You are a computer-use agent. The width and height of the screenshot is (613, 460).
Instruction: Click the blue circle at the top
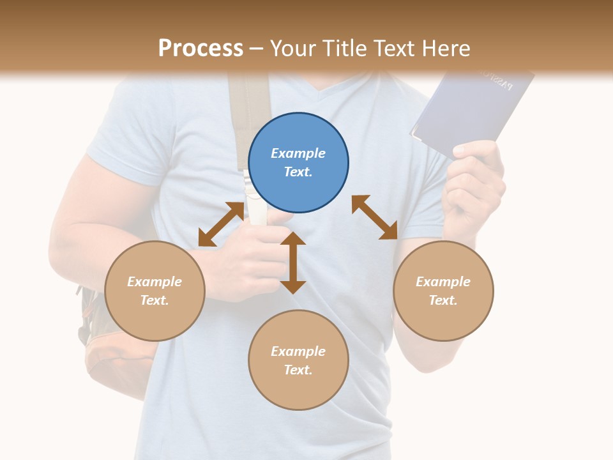tap(298, 163)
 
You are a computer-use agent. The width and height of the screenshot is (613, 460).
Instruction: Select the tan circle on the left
tap(155, 291)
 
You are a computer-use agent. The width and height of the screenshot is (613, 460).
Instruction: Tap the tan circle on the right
tap(443, 291)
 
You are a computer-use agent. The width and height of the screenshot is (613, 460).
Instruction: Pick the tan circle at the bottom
tap(298, 360)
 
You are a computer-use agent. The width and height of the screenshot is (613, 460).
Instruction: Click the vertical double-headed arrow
tap(293, 263)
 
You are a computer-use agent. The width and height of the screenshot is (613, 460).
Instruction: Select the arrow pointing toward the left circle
tap(221, 224)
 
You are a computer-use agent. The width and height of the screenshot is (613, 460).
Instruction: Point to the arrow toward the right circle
tap(375, 217)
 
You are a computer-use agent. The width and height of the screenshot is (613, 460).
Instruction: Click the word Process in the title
tap(201, 49)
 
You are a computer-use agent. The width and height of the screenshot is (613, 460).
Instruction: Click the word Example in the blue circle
tap(298, 153)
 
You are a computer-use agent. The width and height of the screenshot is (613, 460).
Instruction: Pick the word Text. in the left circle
tap(155, 300)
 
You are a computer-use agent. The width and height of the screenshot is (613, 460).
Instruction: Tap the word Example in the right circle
tap(443, 282)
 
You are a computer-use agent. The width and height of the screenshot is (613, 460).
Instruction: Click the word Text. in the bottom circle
tap(298, 370)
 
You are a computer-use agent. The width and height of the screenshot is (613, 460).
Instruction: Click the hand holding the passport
tap(476, 182)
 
